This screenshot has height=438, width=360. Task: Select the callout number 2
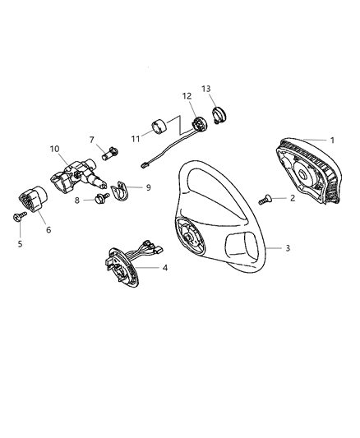[x=292, y=199]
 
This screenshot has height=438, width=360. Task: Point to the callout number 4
[x=164, y=269]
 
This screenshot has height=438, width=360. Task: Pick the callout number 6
[x=48, y=229]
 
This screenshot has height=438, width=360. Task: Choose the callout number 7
[x=92, y=141]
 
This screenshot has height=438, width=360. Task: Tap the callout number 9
[x=148, y=187]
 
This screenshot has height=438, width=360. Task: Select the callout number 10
[x=55, y=150]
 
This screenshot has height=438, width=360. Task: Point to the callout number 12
[x=187, y=95]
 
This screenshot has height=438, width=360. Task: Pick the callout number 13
[x=205, y=88]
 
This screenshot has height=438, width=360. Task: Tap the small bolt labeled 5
[x=19, y=216]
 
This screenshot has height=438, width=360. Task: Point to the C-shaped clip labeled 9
[x=120, y=191]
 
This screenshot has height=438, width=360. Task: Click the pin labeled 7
[x=107, y=152]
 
